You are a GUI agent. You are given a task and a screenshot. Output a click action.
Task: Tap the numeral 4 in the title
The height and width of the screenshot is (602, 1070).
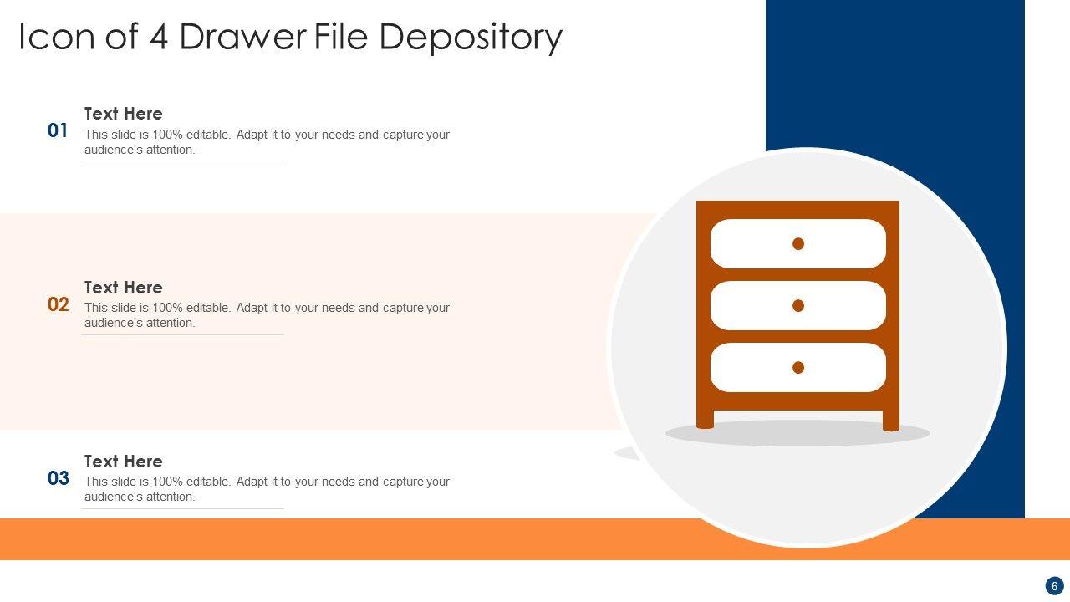[159, 38]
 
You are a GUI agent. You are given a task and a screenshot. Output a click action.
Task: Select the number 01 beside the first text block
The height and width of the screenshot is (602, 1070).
[58, 130]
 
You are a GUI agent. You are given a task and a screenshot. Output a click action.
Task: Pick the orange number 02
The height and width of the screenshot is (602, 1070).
[59, 304]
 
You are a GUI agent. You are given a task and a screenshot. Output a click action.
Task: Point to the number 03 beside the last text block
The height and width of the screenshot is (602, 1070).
[59, 478]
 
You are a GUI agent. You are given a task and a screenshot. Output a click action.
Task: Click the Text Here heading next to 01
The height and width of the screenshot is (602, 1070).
[124, 114]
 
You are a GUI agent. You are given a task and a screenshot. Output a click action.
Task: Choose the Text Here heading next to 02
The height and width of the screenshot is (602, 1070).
[124, 288]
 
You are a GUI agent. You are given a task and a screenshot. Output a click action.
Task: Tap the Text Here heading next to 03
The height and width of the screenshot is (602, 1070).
[124, 462]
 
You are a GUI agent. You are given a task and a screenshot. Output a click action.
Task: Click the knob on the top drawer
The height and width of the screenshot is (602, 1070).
[798, 244]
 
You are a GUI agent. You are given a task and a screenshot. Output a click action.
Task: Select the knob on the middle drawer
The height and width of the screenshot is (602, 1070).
[798, 306]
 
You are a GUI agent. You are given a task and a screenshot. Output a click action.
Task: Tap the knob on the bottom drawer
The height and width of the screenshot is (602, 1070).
[798, 367]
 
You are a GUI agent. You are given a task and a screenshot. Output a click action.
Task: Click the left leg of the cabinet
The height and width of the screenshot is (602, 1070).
[705, 420]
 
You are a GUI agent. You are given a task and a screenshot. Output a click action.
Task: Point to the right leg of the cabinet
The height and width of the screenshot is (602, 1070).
[891, 420]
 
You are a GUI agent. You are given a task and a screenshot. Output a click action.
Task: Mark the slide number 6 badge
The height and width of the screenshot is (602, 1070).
[1054, 586]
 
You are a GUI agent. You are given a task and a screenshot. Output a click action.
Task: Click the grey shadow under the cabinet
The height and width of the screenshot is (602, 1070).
[797, 434]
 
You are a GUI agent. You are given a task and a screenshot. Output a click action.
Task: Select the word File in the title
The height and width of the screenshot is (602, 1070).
[341, 38]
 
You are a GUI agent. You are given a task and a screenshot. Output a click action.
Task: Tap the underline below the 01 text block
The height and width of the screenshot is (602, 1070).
[183, 161]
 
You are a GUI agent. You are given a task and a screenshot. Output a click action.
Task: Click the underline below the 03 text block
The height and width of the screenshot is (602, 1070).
[183, 508]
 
